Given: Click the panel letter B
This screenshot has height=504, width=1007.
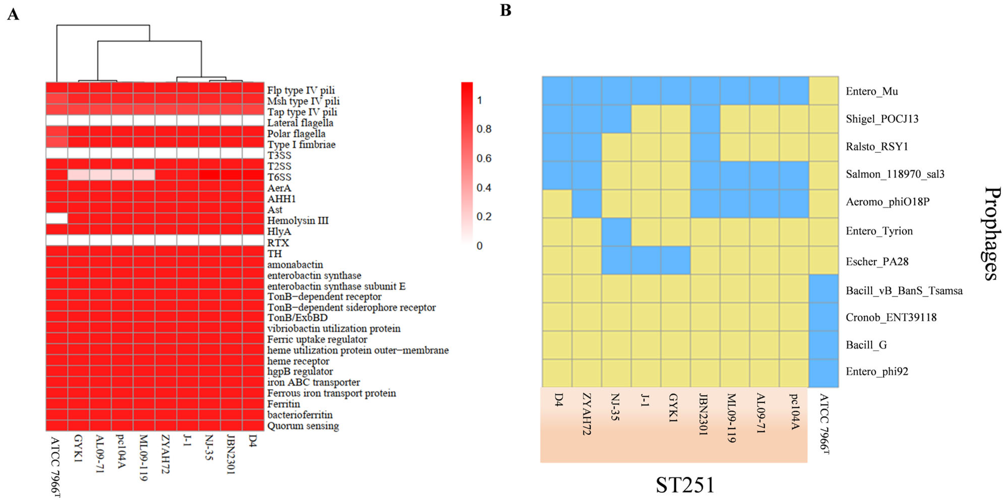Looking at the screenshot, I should point(506,10).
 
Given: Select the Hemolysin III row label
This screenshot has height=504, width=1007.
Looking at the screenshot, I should point(298,221).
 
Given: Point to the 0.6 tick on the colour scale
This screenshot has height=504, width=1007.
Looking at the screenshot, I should point(484,158).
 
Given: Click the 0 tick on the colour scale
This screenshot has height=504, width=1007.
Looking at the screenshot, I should point(480,246).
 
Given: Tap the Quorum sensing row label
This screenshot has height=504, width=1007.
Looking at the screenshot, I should point(303,426).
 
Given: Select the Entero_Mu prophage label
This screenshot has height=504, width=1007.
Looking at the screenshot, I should point(872,91).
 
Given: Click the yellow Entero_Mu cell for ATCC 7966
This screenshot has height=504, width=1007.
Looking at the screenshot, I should point(824,91).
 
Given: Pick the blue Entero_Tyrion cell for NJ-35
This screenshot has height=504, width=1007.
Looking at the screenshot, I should point(616,232).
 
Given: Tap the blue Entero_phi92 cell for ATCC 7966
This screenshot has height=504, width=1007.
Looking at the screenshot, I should point(824,373).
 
